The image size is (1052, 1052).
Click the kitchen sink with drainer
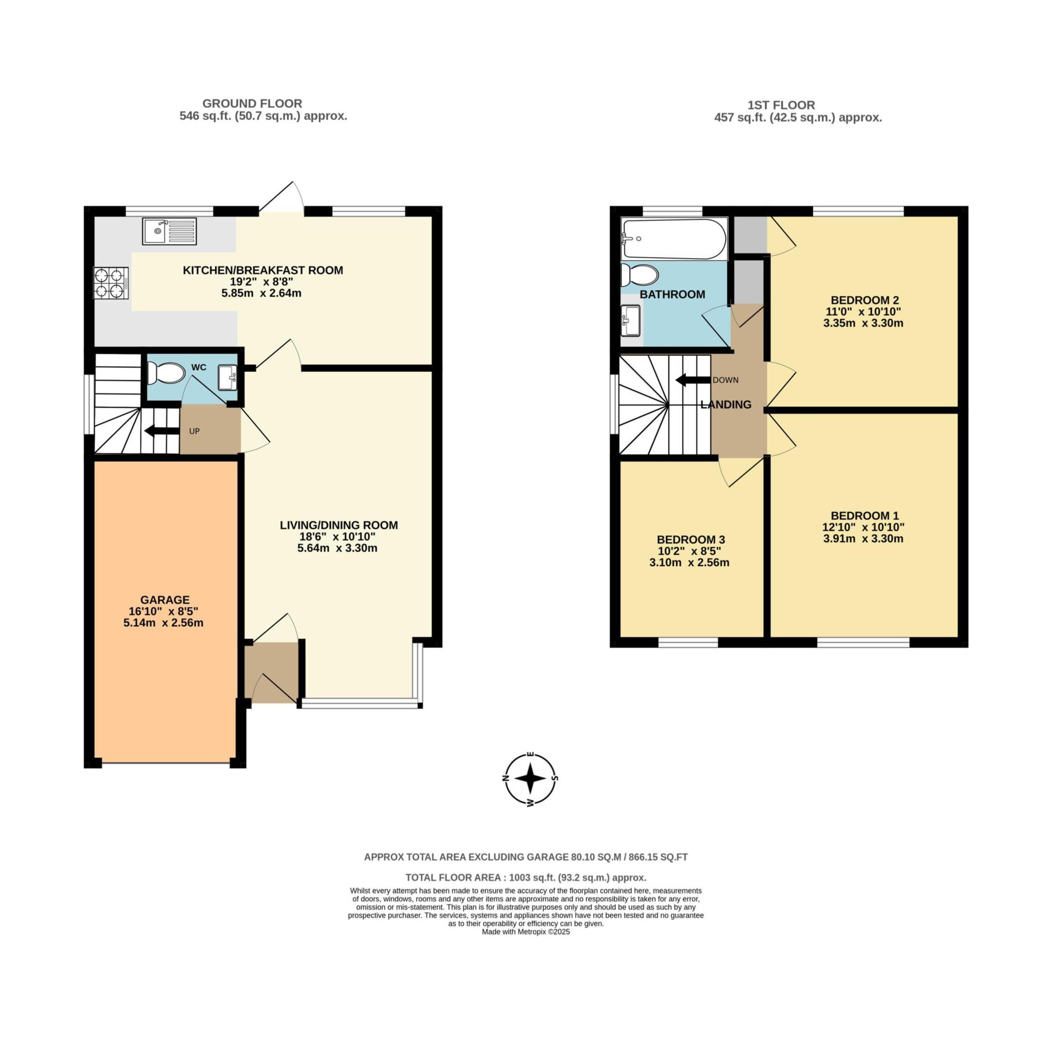tap(170, 231)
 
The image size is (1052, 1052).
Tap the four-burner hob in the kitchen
tap(111, 283)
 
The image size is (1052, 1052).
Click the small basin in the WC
tap(228, 378)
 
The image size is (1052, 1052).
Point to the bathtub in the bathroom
tap(673, 239)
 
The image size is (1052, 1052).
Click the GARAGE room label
tap(157, 600)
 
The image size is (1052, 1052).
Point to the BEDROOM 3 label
tap(691, 540)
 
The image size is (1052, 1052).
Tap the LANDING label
tap(726, 405)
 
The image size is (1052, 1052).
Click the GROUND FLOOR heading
tap(252, 103)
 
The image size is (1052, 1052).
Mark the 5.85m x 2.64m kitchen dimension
tap(261, 293)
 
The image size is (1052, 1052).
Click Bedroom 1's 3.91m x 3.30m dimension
tap(863, 539)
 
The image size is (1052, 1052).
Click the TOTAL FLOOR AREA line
tap(526, 878)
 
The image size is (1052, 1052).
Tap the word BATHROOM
tap(672, 294)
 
